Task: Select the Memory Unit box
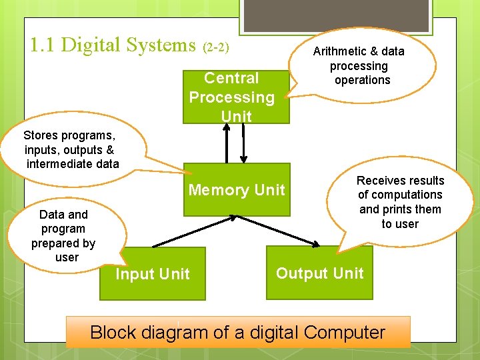(x=237, y=190)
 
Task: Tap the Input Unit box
(x=153, y=274)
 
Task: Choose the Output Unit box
(x=320, y=273)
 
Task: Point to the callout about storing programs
(x=72, y=149)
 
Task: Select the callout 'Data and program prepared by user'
(x=63, y=236)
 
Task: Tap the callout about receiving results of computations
(x=400, y=202)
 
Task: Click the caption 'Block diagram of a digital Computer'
(x=237, y=332)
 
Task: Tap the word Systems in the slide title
(x=163, y=46)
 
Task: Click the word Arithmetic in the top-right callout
(x=341, y=51)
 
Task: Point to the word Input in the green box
(x=134, y=274)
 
